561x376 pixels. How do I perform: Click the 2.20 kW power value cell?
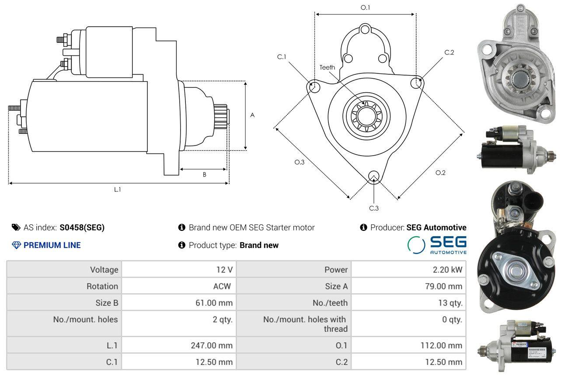tap(447, 269)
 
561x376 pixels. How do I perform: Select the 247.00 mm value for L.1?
tap(212, 345)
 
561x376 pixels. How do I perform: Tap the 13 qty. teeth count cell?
tap(450, 303)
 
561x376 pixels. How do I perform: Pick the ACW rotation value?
tap(222, 286)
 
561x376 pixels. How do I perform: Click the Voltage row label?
tap(104, 270)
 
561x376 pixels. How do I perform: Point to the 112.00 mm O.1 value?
tap(441, 345)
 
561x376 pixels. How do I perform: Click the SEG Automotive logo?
tap(437, 245)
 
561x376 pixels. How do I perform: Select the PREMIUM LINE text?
tap(52, 245)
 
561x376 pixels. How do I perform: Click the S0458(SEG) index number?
tap(82, 227)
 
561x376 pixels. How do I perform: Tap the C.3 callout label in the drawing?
tap(374, 208)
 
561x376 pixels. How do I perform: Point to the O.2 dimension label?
tap(440, 173)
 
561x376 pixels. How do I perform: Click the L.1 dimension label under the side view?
tap(118, 190)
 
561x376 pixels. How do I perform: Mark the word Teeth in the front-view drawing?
tap(327, 67)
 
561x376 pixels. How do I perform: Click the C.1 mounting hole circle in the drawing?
tap(314, 87)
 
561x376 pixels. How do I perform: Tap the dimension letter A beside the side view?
tap(252, 115)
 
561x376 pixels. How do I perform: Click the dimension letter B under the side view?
tap(204, 174)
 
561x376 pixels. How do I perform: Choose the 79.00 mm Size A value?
tap(443, 286)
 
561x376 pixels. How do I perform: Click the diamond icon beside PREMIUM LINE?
tap(16, 245)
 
